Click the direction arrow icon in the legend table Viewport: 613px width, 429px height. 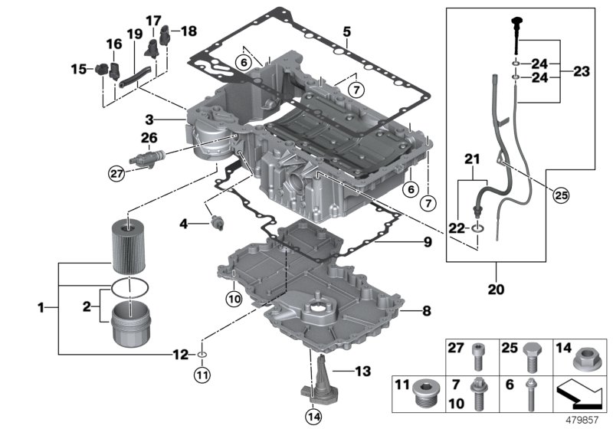[x=579, y=392]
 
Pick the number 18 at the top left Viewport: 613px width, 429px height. [x=188, y=31]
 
